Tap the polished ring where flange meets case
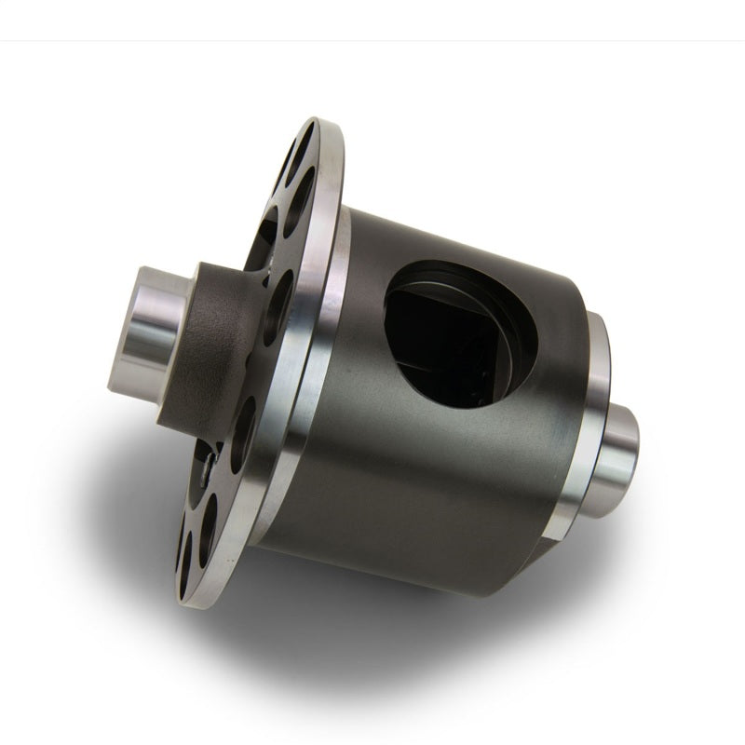click(317, 372)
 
